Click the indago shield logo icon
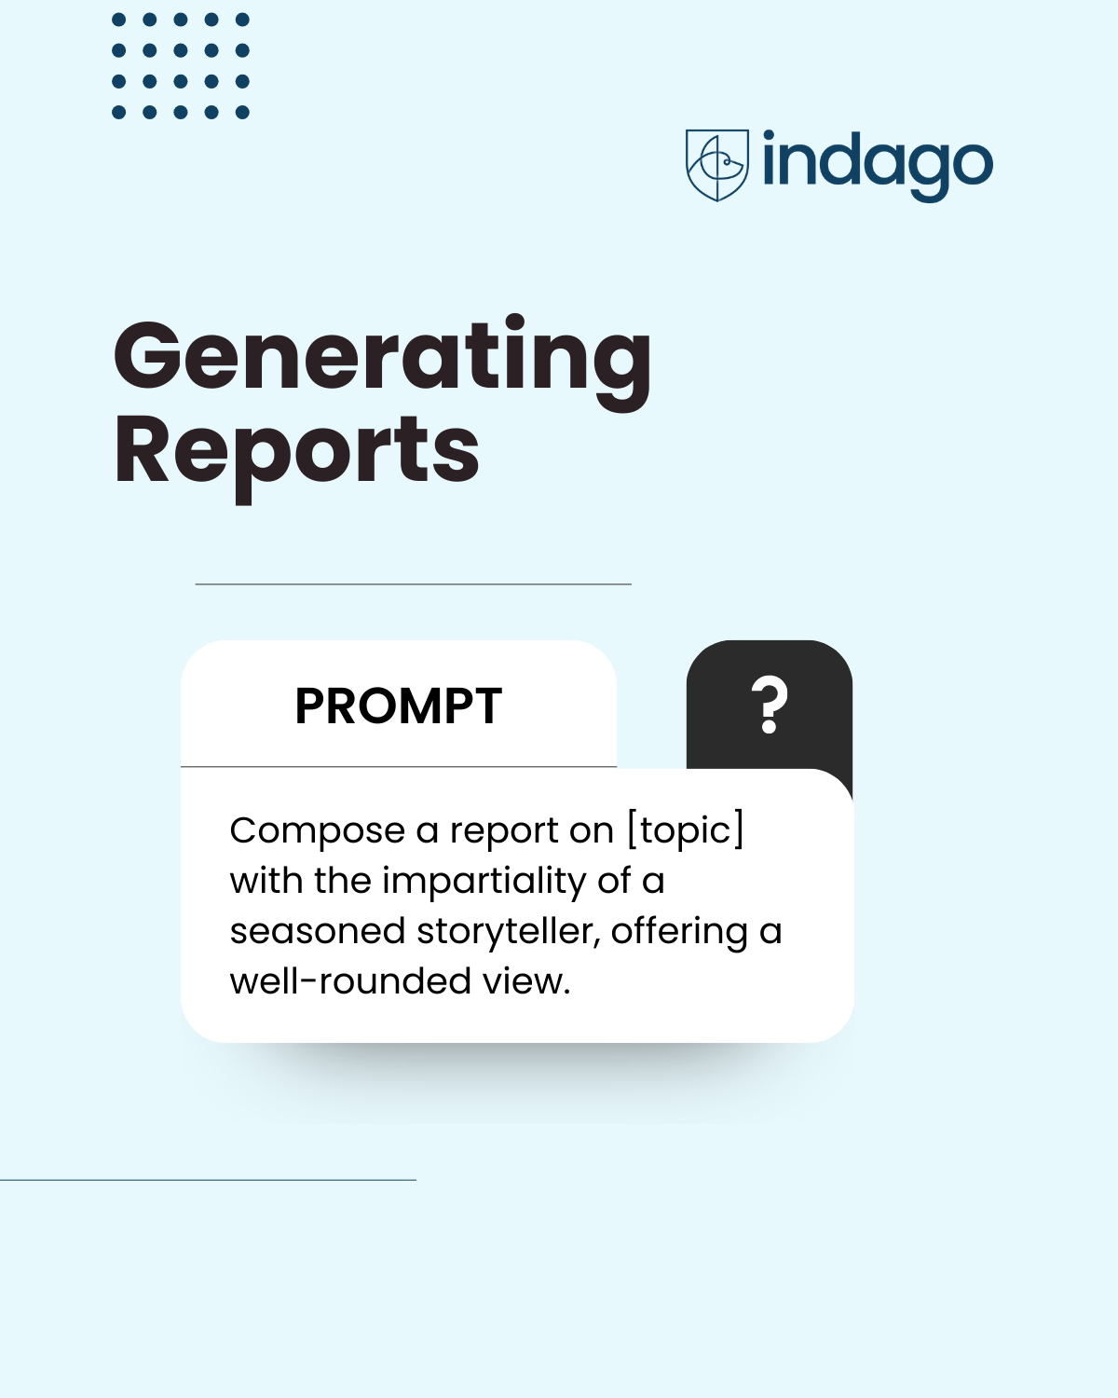pyautogui.click(x=716, y=165)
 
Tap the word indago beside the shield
pyautogui.click(x=878, y=165)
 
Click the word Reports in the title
pyautogui.click(x=296, y=452)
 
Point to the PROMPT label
pyautogui.click(x=399, y=706)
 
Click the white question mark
pyautogui.click(x=770, y=706)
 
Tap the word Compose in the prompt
pyautogui.click(x=318, y=831)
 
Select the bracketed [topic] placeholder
pyautogui.click(x=686, y=829)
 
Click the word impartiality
pyautogui.click(x=500, y=881)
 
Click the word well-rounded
pyautogui.click(x=350, y=981)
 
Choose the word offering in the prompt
pyautogui.click(x=679, y=931)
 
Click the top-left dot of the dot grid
pyautogui.click(x=118, y=20)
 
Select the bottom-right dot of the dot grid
pyautogui.click(x=242, y=113)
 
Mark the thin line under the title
pyautogui.click(x=414, y=584)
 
